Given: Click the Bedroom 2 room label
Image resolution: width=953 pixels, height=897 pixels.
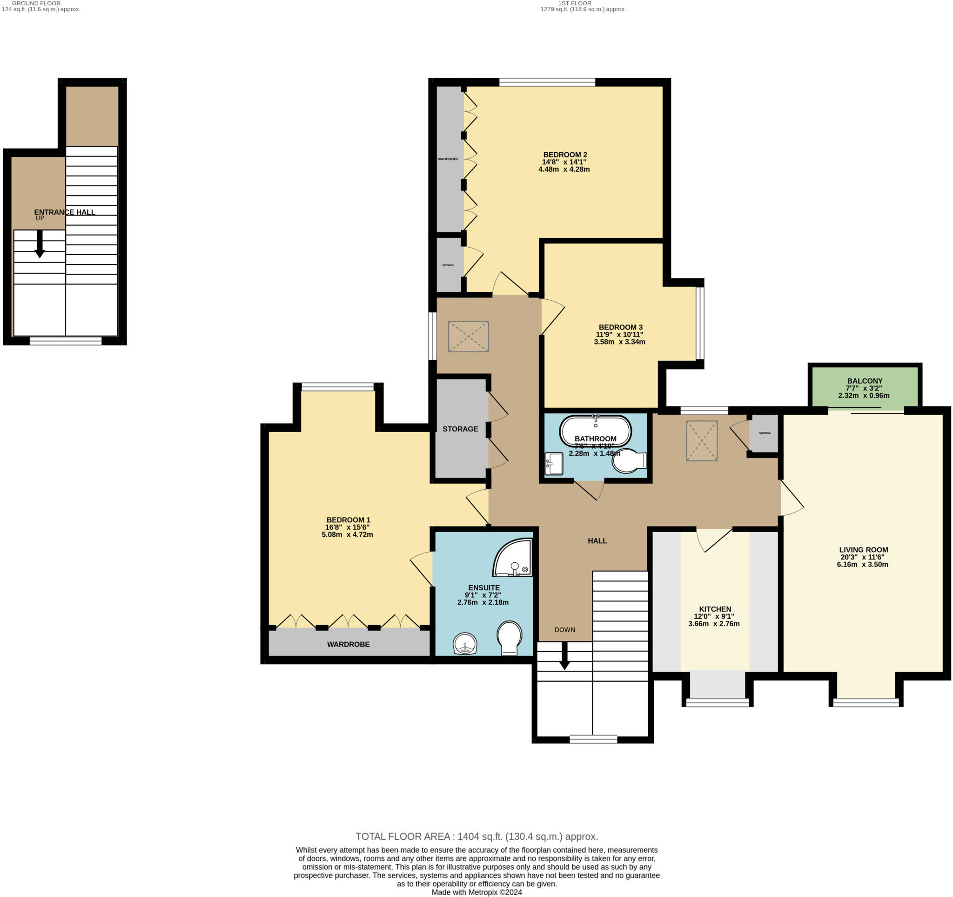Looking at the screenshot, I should pyautogui.click(x=565, y=155).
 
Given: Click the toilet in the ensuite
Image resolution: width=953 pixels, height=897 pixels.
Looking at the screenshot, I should pyautogui.click(x=510, y=638).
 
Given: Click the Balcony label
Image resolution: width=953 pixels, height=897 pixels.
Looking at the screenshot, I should pyautogui.click(x=864, y=381).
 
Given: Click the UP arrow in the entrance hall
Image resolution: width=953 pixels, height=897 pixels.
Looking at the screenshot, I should pyautogui.click(x=40, y=243).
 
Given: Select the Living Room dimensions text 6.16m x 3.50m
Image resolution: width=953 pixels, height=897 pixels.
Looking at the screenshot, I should pyautogui.click(x=862, y=564).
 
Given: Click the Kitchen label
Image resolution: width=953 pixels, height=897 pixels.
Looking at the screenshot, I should pyautogui.click(x=715, y=609).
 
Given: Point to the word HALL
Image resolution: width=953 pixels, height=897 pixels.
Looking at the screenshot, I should pyautogui.click(x=597, y=541).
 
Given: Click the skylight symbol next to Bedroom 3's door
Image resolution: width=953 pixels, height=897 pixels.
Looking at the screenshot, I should pyautogui.click(x=468, y=337).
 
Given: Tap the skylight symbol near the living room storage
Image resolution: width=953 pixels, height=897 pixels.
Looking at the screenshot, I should pyautogui.click(x=702, y=441).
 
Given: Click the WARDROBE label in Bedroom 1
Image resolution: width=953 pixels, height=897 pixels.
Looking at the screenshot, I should pyautogui.click(x=349, y=644).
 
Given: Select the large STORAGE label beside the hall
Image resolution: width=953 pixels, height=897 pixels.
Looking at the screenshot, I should pyautogui.click(x=460, y=429).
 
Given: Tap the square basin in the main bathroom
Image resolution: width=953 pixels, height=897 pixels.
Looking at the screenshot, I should pyautogui.click(x=554, y=463).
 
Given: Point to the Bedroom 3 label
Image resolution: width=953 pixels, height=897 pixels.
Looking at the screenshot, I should pyautogui.click(x=620, y=327).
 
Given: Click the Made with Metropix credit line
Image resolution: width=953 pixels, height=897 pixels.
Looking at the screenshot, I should pyautogui.click(x=476, y=892).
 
